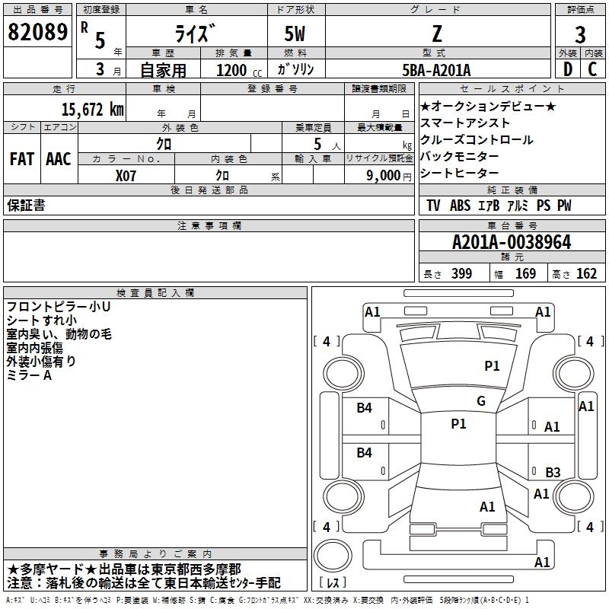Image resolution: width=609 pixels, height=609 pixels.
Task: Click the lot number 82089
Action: coord(37,32)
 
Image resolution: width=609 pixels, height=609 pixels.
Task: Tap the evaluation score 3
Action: coord(580,35)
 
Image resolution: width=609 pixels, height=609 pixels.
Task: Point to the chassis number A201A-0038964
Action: coord(511,243)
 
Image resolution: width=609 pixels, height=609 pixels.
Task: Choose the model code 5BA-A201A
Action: coord(436,70)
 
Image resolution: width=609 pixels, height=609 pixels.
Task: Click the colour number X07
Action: coord(126,175)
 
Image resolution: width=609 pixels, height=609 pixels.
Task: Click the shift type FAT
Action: coord(22,159)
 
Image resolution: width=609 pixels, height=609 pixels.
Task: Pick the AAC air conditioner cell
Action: coord(59,159)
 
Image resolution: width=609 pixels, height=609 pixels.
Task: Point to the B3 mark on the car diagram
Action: coord(553,473)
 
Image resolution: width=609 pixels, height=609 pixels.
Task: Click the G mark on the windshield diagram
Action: coord(481,401)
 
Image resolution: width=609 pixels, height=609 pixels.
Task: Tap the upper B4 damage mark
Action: coord(365,408)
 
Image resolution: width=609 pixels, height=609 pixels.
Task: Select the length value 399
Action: coord(461,274)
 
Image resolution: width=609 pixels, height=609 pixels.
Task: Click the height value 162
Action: coord(586,274)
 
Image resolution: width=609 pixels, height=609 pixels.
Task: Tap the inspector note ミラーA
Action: coord(29,376)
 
